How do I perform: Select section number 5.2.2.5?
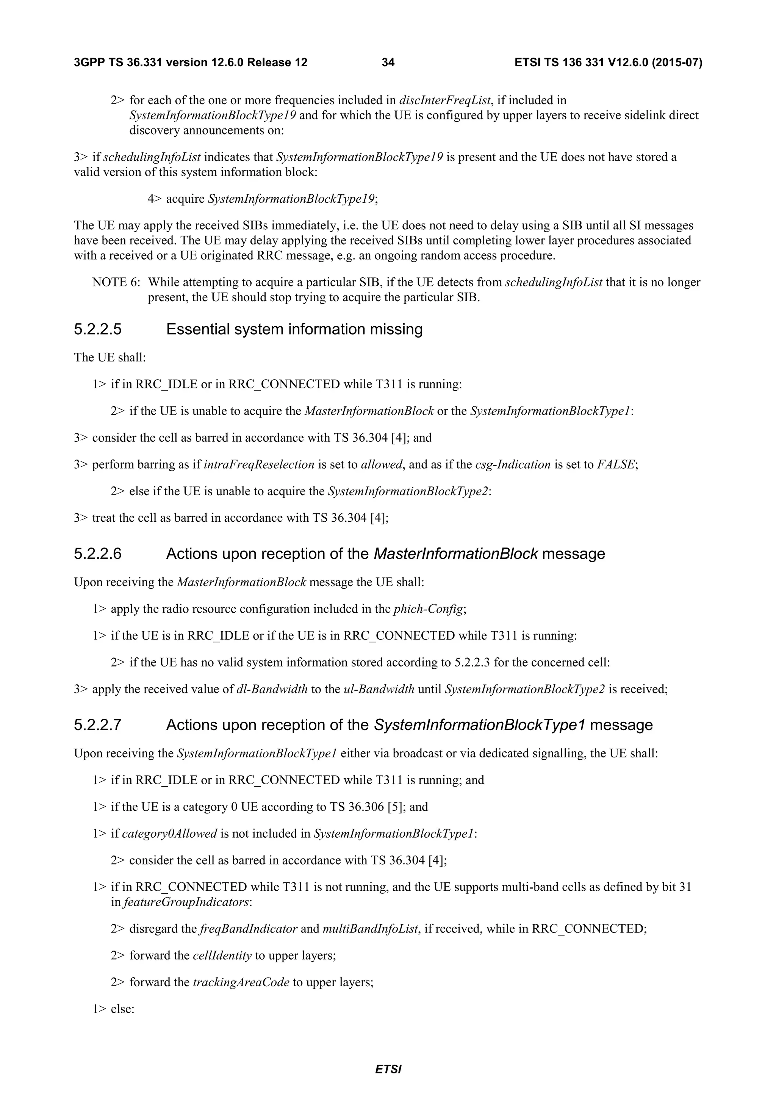[x=97, y=330]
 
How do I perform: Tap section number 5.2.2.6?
[x=97, y=554]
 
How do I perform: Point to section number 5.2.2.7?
[x=97, y=725]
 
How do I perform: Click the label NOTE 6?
[x=116, y=282]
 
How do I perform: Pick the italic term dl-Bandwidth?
[x=272, y=690]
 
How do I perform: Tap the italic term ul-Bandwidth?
[x=379, y=690]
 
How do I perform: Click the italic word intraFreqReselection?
[x=259, y=465]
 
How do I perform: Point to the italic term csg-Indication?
[x=513, y=465]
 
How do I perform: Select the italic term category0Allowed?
[x=169, y=834]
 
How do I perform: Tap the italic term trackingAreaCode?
[x=241, y=983]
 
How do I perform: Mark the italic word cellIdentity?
[x=222, y=956]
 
